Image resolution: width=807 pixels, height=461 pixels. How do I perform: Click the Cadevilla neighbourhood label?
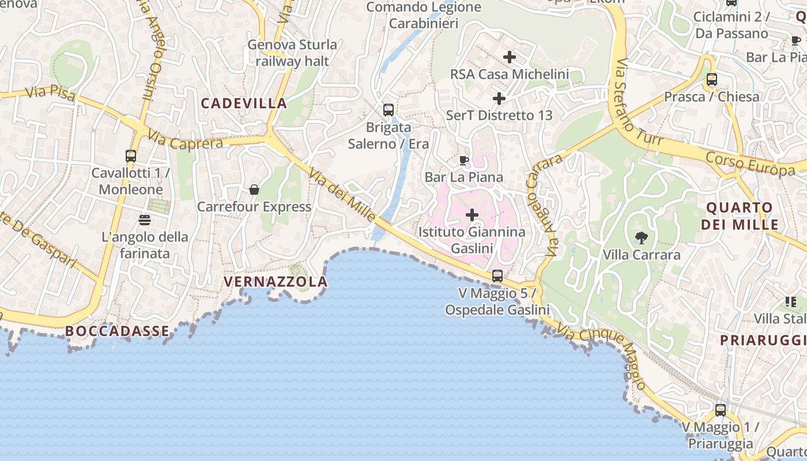tap(243, 104)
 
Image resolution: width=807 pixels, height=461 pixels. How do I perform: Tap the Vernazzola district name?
tap(276, 282)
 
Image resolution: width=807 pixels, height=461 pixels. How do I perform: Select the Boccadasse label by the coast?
tap(118, 331)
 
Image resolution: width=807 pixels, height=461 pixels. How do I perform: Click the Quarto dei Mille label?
tap(740, 216)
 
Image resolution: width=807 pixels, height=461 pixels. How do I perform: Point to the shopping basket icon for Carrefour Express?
tap(254, 190)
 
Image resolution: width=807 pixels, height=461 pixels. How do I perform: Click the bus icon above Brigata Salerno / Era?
tap(389, 110)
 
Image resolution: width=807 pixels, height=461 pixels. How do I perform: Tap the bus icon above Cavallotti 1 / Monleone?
tap(131, 156)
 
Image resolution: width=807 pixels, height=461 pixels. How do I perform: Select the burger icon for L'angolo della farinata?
tap(144, 220)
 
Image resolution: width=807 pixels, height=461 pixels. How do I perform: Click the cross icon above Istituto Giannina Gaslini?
tap(472, 216)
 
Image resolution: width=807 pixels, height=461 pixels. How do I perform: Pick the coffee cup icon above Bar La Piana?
tap(464, 160)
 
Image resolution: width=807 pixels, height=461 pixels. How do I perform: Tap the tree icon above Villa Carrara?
tap(640, 237)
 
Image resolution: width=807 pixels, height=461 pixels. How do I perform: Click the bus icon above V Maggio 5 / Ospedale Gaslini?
tap(497, 276)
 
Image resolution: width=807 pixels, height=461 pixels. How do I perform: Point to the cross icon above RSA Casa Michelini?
tap(509, 57)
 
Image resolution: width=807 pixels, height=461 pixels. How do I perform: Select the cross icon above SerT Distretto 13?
tap(499, 99)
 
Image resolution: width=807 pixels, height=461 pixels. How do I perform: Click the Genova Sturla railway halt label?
tap(292, 52)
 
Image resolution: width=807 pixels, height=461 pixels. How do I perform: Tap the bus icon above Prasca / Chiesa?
tap(712, 80)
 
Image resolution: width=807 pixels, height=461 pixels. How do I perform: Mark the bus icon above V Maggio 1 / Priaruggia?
tap(721, 410)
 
